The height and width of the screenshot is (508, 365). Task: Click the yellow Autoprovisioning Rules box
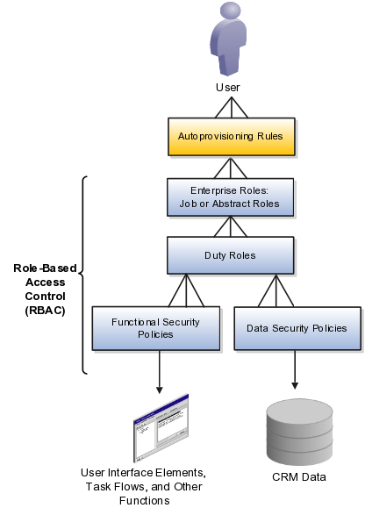[x=230, y=138]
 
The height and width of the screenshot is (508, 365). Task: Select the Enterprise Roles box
[x=230, y=197]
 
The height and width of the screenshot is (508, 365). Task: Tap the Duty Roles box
[x=230, y=254]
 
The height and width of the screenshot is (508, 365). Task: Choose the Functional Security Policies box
[x=155, y=328]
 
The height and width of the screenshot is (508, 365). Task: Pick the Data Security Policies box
[x=296, y=328]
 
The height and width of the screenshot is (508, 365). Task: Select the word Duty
[x=215, y=254]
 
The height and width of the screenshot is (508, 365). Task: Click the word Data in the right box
[x=255, y=328]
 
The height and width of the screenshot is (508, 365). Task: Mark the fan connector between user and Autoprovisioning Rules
[x=230, y=109]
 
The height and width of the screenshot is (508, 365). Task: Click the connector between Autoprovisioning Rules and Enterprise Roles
[x=230, y=167]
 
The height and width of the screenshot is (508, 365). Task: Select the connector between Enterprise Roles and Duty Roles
[x=230, y=225]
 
